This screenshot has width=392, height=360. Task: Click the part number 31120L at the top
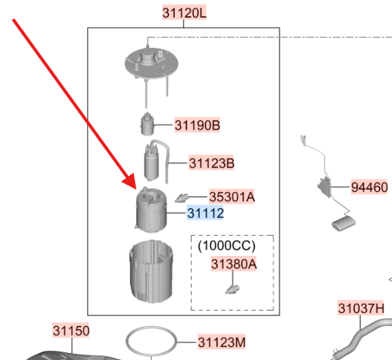click(x=184, y=12)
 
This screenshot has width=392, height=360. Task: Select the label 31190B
click(x=197, y=125)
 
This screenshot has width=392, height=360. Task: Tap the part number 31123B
click(x=212, y=163)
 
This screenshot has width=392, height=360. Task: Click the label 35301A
click(x=232, y=197)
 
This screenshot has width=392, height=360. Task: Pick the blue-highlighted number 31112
click(x=205, y=213)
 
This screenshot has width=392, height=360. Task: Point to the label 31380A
click(x=233, y=264)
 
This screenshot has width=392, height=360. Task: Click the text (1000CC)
click(x=226, y=246)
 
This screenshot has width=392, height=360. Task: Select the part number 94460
click(x=369, y=187)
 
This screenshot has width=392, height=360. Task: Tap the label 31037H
click(x=361, y=308)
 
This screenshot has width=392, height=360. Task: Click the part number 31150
click(x=71, y=331)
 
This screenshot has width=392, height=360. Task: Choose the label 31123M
click(x=222, y=342)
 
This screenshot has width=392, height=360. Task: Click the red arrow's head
click(x=131, y=182)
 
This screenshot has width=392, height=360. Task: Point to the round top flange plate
click(x=152, y=64)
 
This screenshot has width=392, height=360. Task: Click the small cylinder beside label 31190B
click(x=147, y=124)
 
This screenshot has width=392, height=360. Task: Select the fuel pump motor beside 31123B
click(x=152, y=162)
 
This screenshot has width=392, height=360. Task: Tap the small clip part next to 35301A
click(x=182, y=198)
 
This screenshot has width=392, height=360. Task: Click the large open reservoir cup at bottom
click(x=151, y=271)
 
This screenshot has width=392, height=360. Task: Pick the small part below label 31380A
click(x=233, y=289)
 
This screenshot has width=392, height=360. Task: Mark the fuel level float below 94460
click(x=343, y=224)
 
